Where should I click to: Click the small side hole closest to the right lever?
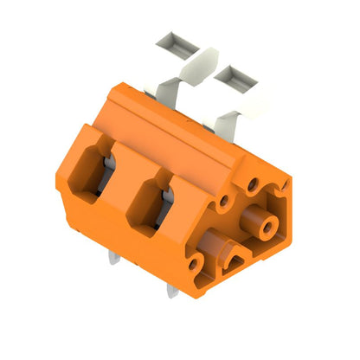pos(253,183)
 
